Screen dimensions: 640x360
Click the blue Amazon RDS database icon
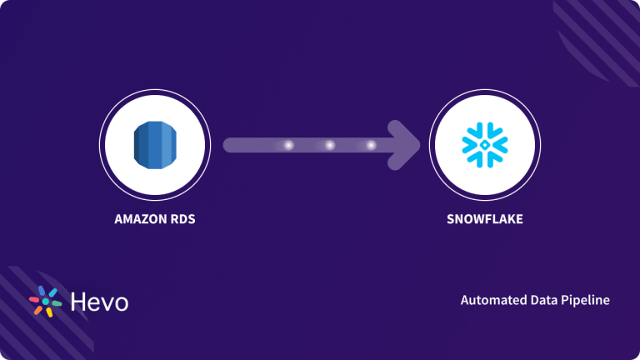pyautogui.click(x=155, y=145)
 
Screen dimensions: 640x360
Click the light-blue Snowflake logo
pyautogui.click(x=483, y=145)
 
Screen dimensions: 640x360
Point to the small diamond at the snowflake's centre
pyautogui.click(x=483, y=145)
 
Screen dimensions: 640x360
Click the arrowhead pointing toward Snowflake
pyautogui.click(x=407, y=145)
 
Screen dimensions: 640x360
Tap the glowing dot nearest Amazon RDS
pyautogui.click(x=288, y=145)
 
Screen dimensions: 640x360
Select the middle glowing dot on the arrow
pyautogui.click(x=329, y=145)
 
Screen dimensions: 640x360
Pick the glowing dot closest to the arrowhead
pyautogui.click(x=370, y=145)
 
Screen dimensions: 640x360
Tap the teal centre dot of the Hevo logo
pyautogui.click(x=46, y=302)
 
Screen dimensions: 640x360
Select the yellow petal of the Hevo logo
pyautogui.click(x=49, y=312)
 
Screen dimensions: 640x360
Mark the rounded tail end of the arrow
pyautogui.click(x=228, y=145)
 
